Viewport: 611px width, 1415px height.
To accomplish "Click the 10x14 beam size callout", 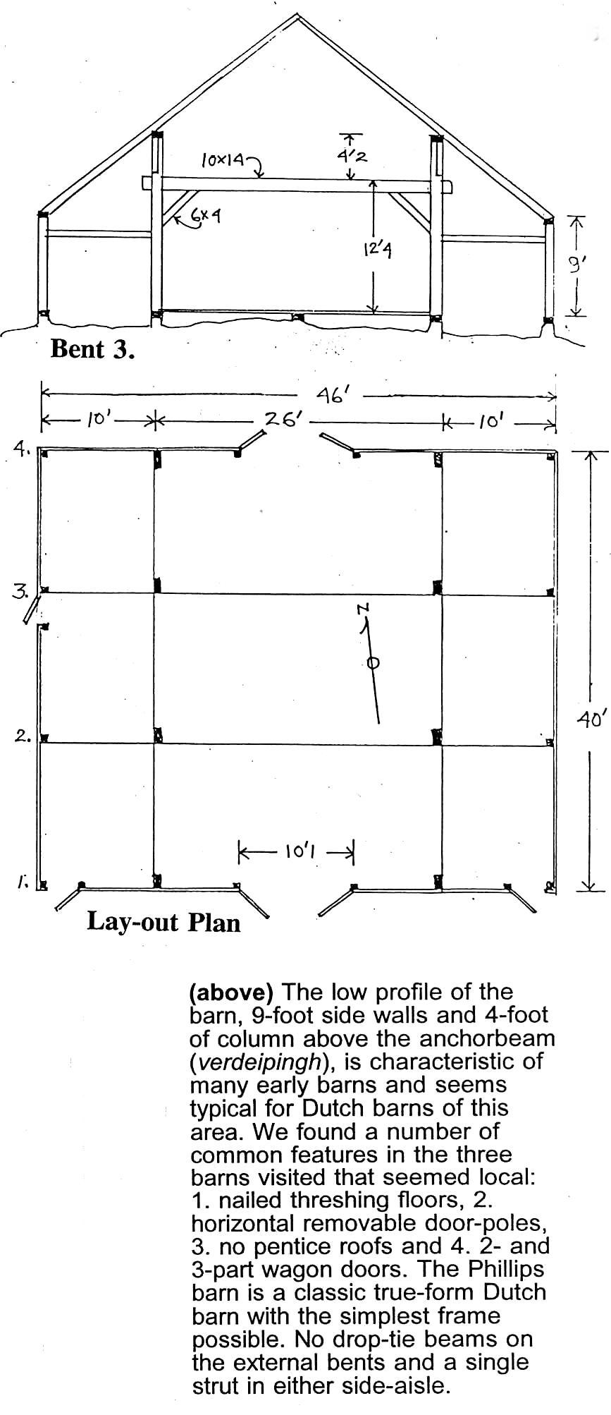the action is (223, 161).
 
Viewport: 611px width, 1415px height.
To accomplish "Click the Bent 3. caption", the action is (92, 349).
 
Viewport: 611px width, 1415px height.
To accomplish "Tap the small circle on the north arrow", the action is (374, 662).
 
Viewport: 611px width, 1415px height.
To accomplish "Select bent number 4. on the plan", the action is (22, 448).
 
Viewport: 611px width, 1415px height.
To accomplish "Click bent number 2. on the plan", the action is (23, 737).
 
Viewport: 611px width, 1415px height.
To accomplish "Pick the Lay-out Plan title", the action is (163, 922).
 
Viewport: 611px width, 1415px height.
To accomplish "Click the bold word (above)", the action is (231, 992).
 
